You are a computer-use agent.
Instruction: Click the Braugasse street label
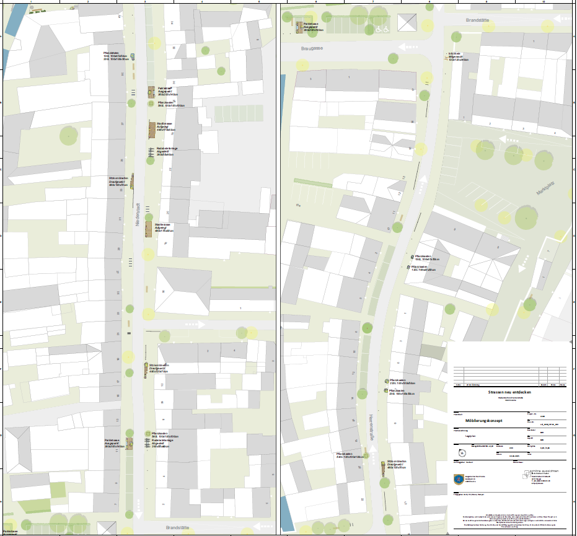[312, 48]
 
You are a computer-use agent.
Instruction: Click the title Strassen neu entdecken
[510, 392]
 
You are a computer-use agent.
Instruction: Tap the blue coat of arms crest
[459, 478]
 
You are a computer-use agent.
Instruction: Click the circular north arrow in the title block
[462, 451]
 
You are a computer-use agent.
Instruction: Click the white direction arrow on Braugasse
[408, 46]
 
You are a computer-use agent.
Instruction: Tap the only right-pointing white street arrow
[193, 324]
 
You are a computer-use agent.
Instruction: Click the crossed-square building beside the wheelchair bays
[407, 22]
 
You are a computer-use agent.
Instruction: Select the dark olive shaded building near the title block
[432, 351]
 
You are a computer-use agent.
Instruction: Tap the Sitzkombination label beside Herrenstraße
[395, 464]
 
